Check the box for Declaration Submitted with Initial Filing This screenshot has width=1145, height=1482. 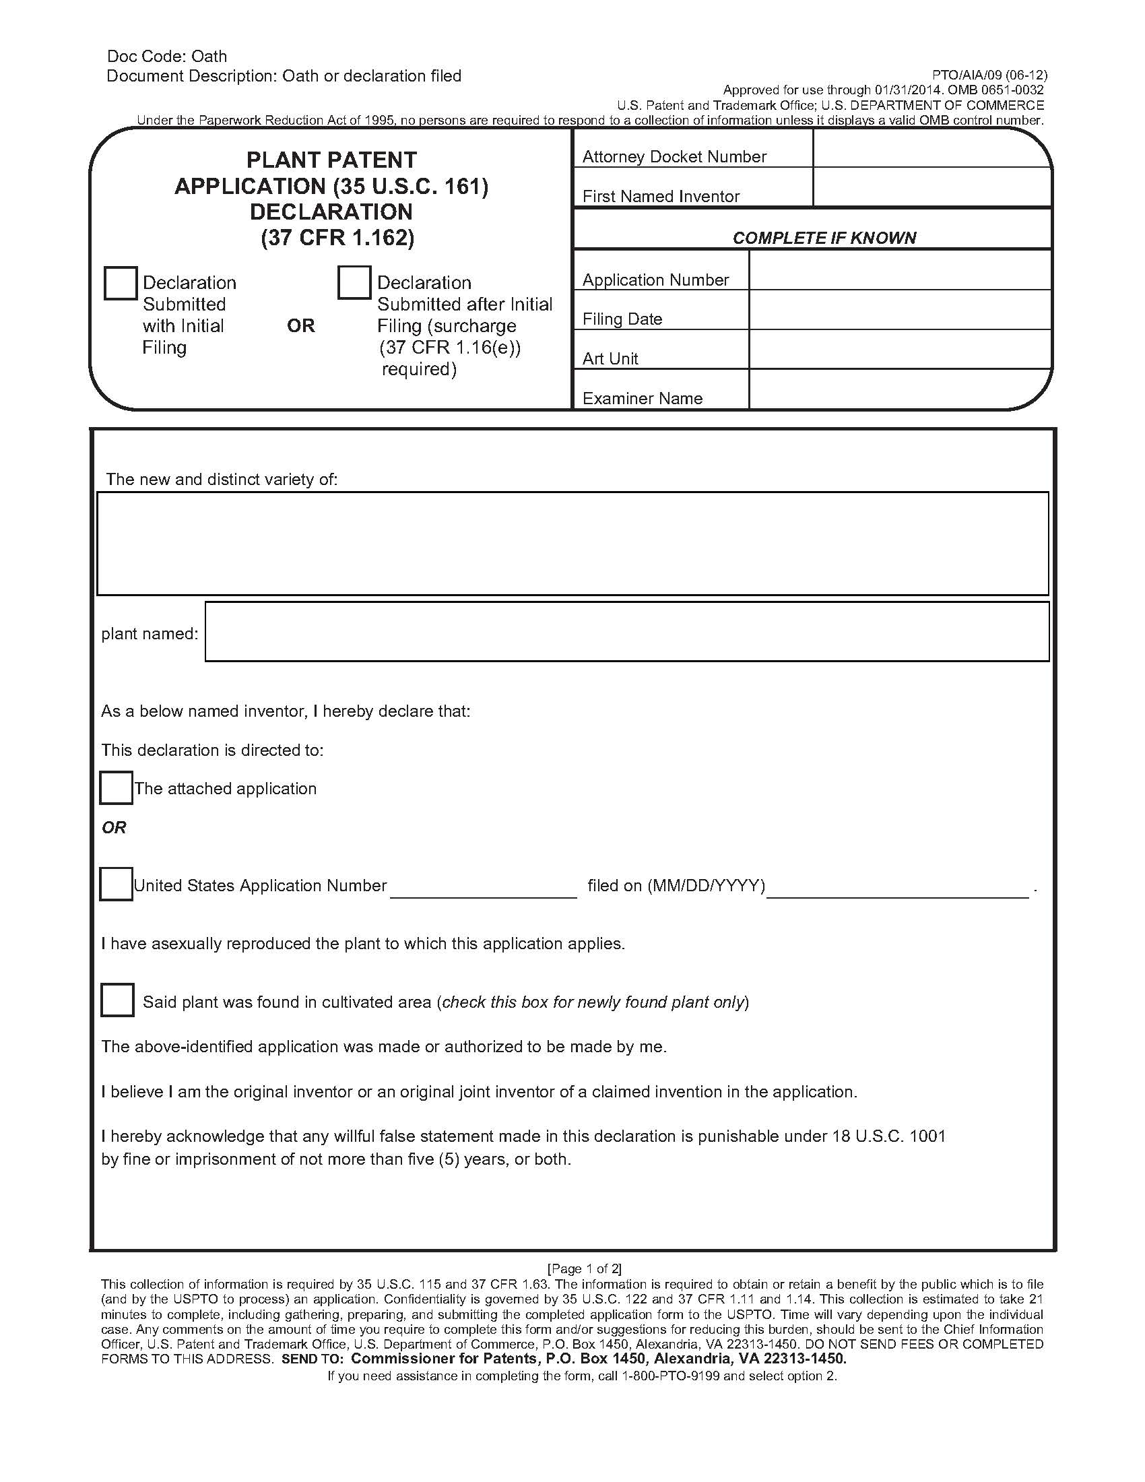pyautogui.click(x=121, y=283)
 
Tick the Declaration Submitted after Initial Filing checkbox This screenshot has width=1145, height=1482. pyautogui.click(x=354, y=283)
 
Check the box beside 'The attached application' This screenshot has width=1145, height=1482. pyautogui.click(x=116, y=788)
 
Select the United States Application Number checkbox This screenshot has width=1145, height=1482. pyautogui.click(x=116, y=884)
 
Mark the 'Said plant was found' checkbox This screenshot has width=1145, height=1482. pyautogui.click(x=117, y=1000)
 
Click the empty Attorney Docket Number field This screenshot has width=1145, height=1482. pyautogui.click(x=931, y=149)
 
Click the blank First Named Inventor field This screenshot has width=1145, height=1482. pyautogui.click(x=931, y=187)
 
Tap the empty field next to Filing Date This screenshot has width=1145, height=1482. pyautogui.click(x=899, y=310)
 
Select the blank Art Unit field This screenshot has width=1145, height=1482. pyautogui.click(x=899, y=350)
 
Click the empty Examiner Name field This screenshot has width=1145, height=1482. pyautogui.click(x=899, y=389)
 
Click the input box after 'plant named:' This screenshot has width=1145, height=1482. pyautogui.click(x=627, y=632)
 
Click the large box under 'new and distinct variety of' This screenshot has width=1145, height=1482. pyautogui.click(x=572, y=544)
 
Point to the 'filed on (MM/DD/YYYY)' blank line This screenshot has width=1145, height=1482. pyautogui.click(x=896, y=888)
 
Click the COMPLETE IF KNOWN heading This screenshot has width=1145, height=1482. pyautogui.click(x=824, y=238)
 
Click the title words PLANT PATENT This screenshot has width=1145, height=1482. pyautogui.click(x=331, y=160)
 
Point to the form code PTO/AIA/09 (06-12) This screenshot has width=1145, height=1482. pyautogui.click(x=989, y=75)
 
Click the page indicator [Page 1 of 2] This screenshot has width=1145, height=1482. pyautogui.click(x=584, y=1268)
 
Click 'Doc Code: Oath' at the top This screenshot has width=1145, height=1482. pyautogui.click(x=167, y=57)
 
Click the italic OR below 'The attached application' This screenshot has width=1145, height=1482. pyautogui.click(x=114, y=827)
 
